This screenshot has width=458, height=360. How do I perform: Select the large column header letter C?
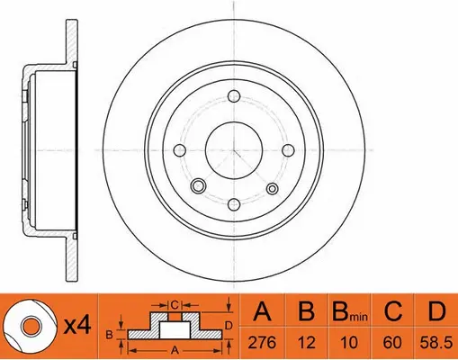(391, 313)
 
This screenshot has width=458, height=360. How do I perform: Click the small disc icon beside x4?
(27, 326)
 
